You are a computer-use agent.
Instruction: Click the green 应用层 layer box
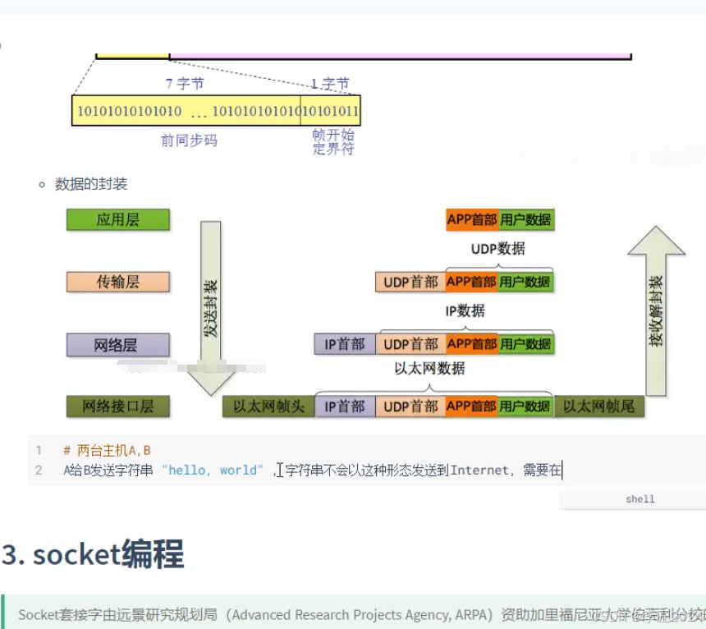coord(117,220)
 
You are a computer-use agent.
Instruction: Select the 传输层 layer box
coord(117,282)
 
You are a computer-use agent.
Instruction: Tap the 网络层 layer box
coord(117,344)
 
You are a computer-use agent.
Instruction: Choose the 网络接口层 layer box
coord(117,406)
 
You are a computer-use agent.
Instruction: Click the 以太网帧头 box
coord(268,406)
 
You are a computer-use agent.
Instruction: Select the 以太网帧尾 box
coord(598,406)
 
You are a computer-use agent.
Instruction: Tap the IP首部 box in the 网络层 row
coord(345,344)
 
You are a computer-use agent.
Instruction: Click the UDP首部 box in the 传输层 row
coord(410,282)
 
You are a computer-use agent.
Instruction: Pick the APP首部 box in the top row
coord(472,219)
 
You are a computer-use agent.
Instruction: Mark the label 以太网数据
coord(429,369)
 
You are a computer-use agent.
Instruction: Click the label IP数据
coord(465,311)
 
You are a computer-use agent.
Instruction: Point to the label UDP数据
coord(497,249)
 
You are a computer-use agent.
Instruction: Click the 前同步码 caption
coord(189,140)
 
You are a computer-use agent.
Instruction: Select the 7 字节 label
coord(185,84)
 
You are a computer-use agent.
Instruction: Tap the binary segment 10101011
coord(331,111)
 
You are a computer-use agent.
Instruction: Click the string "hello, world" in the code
coord(213,471)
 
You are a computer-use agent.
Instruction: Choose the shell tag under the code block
coord(640,499)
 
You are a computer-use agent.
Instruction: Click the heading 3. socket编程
coord(93,555)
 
